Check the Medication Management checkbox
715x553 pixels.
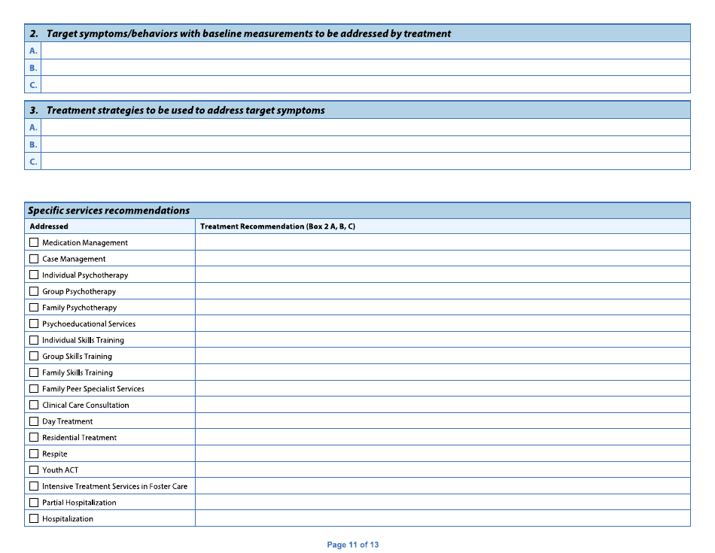(x=34, y=243)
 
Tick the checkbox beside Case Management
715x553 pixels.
(x=34, y=259)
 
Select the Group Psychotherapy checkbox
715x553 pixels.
(x=34, y=291)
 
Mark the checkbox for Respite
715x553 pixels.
(x=34, y=454)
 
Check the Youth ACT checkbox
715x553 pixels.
(x=34, y=470)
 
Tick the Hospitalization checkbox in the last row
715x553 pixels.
(x=34, y=518)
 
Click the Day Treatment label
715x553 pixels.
(x=68, y=421)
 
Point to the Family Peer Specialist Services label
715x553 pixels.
(x=93, y=389)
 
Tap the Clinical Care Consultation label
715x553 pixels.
(x=86, y=405)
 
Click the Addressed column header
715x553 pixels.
(x=49, y=226)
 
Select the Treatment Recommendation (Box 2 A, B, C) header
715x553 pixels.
(x=278, y=226)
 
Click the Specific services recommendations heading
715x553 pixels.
(x=109, y=211)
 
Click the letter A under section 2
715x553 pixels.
(x=33, y=50)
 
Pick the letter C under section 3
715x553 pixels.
(x=33, y=161)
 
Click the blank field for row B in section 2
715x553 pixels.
(x=365, y=68)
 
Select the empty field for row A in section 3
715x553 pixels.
(x=365, y=127)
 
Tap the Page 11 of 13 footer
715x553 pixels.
(x=353, y=545)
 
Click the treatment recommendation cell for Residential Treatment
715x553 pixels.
(x=443, y=437)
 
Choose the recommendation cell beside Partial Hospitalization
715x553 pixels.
(x=443, y=503)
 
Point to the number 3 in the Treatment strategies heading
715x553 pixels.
(x=34, y=111)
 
